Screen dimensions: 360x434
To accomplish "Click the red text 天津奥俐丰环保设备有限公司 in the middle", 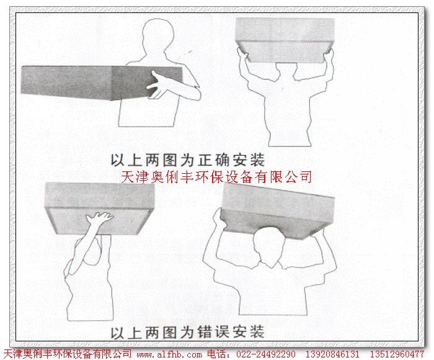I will click(x=215, y=177).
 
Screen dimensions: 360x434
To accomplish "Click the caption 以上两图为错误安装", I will click(x=187, y=331).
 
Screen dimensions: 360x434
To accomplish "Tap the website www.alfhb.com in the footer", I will click(x=169, y=354).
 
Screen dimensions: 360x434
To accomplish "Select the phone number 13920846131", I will click(x=332, y=354).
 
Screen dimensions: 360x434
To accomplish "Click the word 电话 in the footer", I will click(x=217, y=354).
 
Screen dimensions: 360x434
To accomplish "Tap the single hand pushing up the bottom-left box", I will click(x=99, y=221).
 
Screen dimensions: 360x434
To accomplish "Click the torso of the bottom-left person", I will click(x=87, y=292).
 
